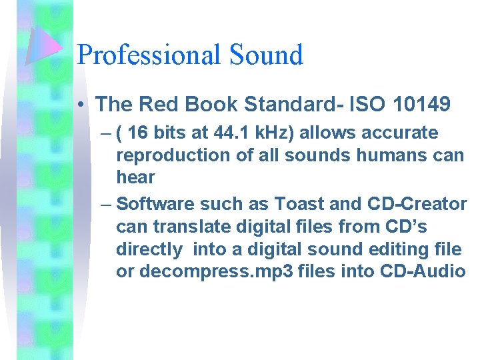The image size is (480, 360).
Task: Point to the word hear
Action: coord(135,177)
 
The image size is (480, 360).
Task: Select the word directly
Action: coord(148,249)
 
